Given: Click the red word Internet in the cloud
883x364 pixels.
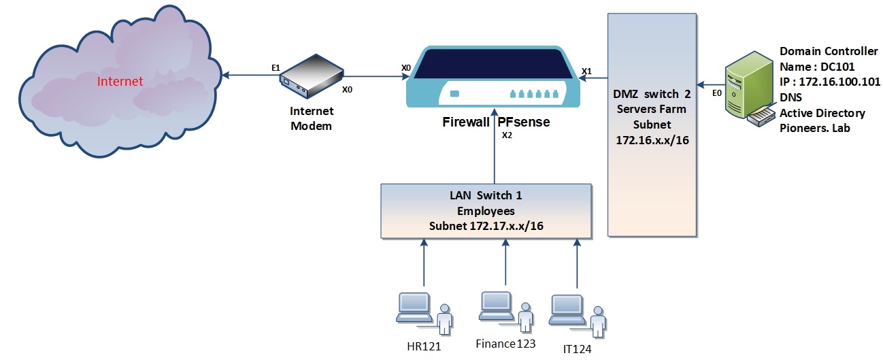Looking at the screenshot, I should coord(120,82).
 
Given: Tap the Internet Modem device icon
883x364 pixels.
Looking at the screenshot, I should coord(311,76).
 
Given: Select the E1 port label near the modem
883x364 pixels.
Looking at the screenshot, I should coord(276,67).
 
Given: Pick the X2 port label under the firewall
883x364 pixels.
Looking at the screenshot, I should coord(506,135).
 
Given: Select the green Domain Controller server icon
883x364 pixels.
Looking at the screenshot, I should coord(748,89).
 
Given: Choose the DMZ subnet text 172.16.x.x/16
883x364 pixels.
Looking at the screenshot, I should coord(652,139).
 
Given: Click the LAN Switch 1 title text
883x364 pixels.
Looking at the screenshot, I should coord(486,195).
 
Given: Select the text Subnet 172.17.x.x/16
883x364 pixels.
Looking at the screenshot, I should coord(486,225).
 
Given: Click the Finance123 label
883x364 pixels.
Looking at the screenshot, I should coord(505,344).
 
